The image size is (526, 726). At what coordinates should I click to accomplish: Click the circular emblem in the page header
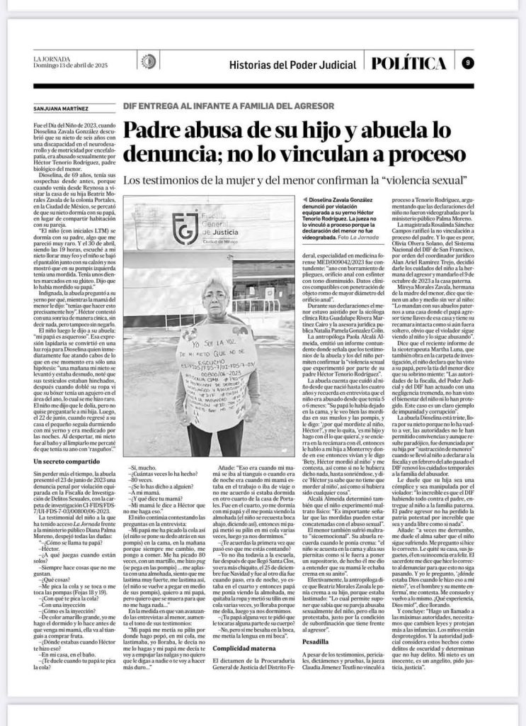149,62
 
